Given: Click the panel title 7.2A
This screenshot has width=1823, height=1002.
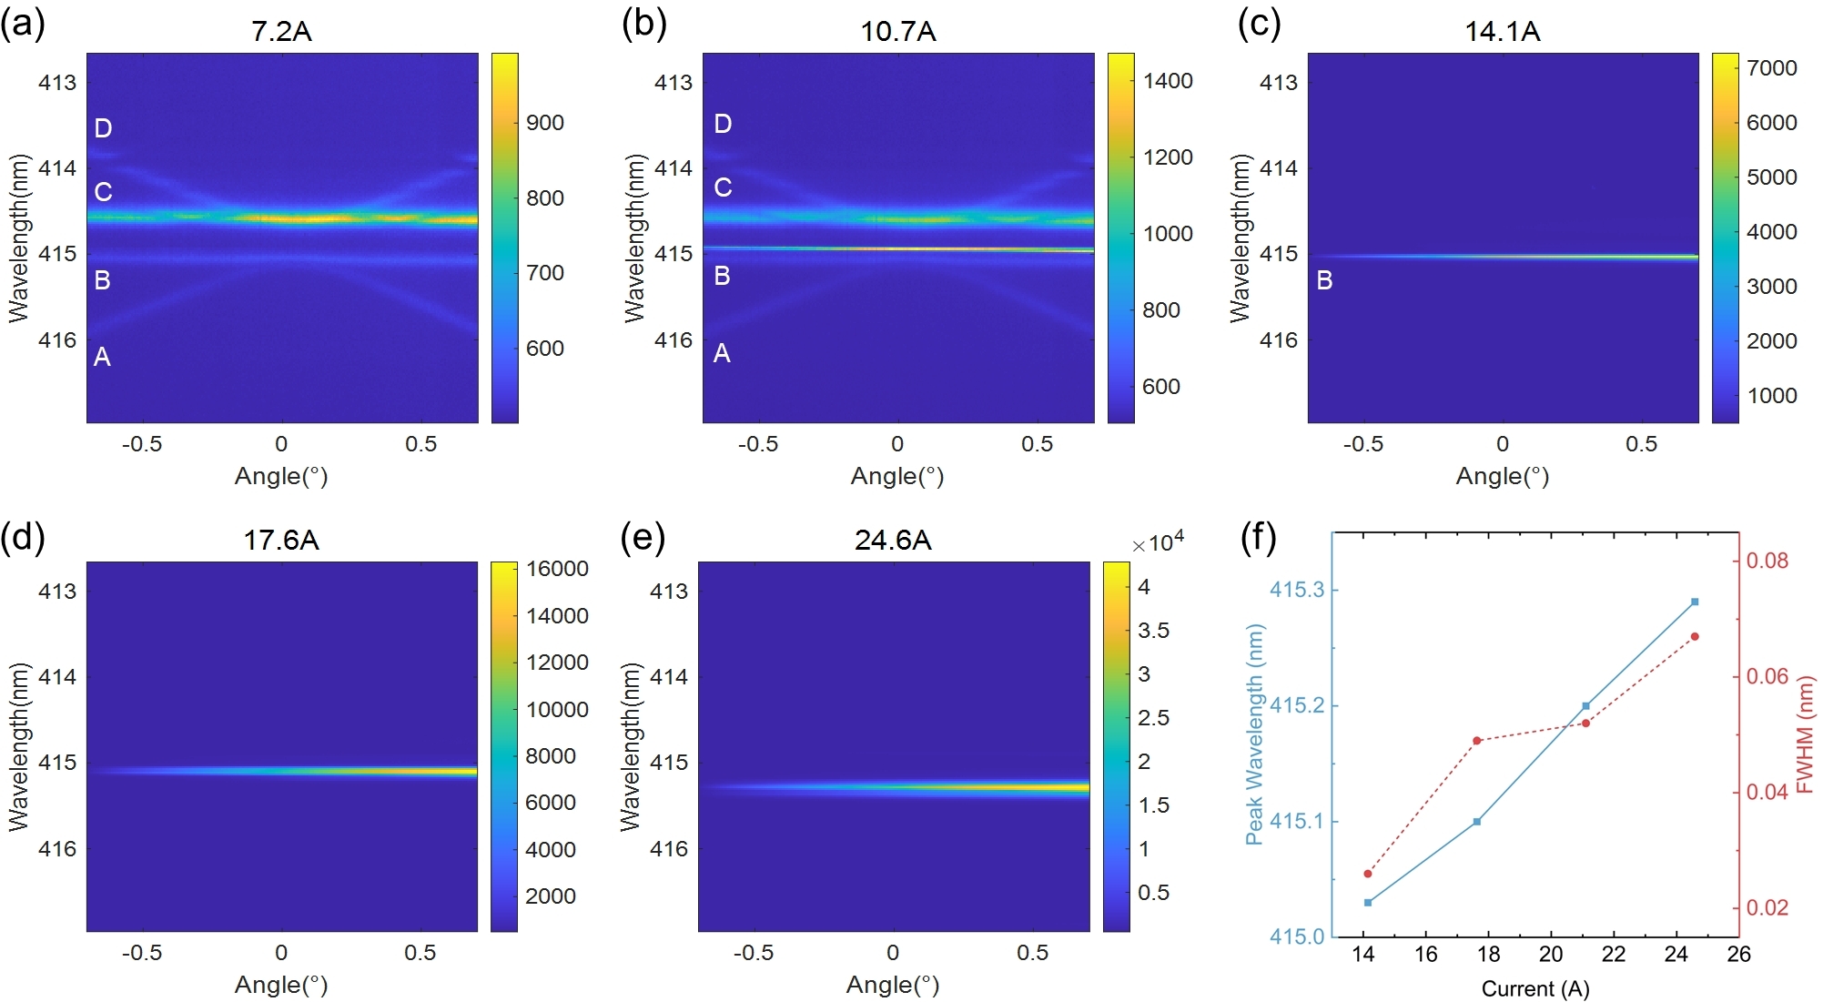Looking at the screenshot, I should (x=281, y=32).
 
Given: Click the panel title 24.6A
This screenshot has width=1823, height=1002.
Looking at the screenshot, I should (x=893, y=541).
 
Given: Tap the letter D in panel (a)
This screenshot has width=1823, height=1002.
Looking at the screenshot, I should (x=104, y=128).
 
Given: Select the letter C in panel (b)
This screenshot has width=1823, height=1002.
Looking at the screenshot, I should (x=723, y=187).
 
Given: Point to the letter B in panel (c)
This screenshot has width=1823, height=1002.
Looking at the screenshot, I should (x=1324, y=280).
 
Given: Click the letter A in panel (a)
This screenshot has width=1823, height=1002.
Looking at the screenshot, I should (x=102, y=357).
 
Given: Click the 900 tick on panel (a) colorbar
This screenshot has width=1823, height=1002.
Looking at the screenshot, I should (x=544, y=123).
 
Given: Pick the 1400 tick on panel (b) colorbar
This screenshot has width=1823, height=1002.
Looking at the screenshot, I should (x=1168, y=81).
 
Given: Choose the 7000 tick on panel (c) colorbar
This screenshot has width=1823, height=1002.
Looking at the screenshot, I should (x=1771, y=68).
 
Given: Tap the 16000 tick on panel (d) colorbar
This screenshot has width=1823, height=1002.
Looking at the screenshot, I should (x=557, y=569).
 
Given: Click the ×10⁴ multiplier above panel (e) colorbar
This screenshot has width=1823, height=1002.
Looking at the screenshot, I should (x=1158, y=543).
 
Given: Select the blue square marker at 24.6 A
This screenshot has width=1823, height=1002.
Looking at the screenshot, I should (x=1695, y=602).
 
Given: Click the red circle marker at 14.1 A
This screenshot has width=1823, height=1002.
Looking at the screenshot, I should (x=1368, y=874).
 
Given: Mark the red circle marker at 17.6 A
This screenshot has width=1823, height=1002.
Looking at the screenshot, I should (x=1477, y=741).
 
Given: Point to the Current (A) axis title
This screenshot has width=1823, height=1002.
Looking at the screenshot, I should (x=1535, y=988).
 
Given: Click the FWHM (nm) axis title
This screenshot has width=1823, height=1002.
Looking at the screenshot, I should (x=1806, y=734).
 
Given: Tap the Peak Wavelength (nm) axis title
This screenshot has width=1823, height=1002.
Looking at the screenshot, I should (x=1254, y=734).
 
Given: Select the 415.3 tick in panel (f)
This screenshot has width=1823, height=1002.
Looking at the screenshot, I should (x=1297, y=590).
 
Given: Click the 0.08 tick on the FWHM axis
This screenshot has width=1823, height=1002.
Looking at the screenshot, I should (x=1767, y=561).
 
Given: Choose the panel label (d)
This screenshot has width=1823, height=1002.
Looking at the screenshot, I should (x=24, y=537).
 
